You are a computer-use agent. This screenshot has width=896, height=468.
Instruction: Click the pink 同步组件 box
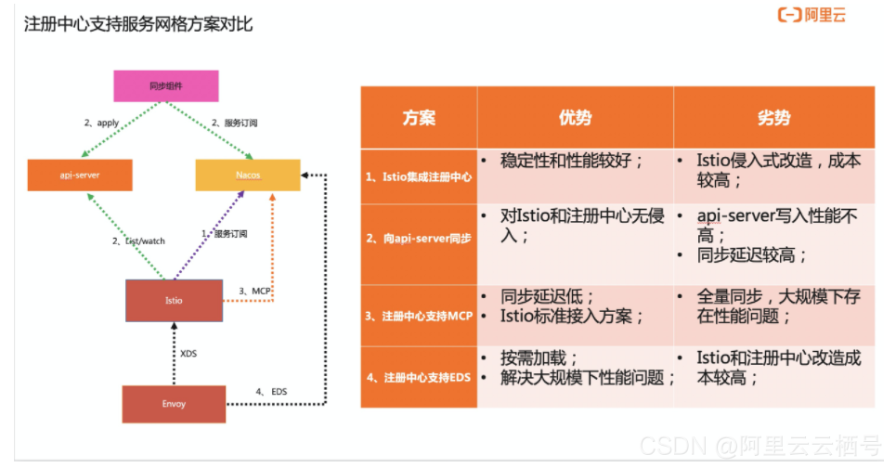tap(165, 85)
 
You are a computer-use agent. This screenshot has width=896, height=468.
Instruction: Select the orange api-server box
tap(79, 175)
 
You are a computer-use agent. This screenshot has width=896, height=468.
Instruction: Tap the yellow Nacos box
tap(248, 175)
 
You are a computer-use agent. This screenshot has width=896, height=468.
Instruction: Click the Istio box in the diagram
tap(174, 300)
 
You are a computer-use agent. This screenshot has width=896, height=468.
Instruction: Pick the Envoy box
tap(174, 404)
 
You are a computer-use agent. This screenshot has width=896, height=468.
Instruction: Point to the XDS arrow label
tap(188, 354)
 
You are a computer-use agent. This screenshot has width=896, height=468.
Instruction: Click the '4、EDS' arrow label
tap(271, 392)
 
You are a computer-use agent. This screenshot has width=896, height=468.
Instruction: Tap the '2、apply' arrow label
tap(101, 122)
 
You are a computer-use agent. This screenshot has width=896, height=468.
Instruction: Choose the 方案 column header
tap(419, 117)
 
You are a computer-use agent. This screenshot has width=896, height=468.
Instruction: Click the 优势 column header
tap(575, 117)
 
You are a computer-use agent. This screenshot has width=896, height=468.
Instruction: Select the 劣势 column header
tap(773, 117)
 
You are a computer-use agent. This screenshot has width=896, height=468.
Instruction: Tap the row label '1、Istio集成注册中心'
tap(419, 175)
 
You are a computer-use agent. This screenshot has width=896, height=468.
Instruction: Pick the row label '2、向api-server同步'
tap(419, 239)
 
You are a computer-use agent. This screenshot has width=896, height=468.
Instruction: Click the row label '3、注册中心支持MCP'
tap(419, 316)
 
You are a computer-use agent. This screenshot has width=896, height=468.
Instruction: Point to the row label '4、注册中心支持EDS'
tap(419, 377)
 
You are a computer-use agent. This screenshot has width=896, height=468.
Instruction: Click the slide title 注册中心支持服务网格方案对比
tap(138, 24)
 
